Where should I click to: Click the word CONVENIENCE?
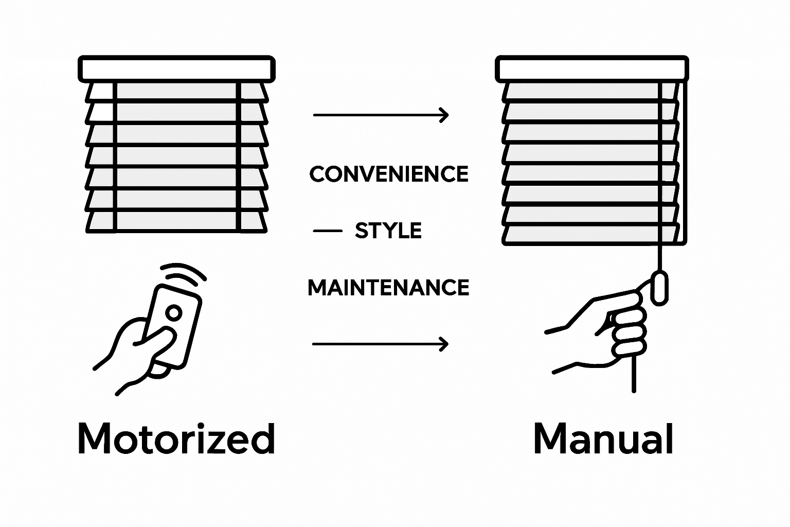389,174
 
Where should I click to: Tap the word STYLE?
388,231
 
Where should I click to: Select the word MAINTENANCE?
388,287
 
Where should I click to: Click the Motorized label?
176,438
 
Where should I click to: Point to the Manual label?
603,438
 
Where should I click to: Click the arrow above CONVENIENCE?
381,115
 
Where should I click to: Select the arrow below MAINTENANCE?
380,343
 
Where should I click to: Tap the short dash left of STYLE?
328,231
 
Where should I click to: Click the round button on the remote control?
174,312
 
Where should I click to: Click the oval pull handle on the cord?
659,288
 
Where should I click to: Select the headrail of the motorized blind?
176,68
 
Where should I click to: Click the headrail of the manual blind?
591,68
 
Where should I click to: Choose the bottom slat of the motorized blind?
176,222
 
